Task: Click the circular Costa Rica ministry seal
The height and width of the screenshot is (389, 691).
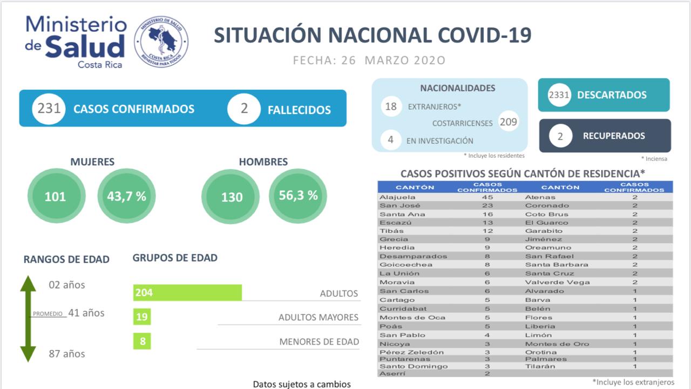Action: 161,42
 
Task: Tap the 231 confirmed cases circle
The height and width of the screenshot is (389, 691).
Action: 49,109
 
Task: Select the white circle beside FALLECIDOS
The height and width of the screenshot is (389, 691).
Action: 244,109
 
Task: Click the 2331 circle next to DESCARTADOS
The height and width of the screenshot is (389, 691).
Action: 559,95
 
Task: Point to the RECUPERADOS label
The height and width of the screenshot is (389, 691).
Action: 614,136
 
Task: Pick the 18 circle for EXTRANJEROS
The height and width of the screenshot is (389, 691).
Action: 391,106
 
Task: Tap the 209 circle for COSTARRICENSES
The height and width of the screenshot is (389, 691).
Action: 508,122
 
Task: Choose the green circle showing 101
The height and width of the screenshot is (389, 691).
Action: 55,196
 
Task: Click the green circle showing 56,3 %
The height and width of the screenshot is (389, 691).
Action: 298,196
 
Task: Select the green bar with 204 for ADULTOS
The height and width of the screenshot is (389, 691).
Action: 187,293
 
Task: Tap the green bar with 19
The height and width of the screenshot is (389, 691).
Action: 142,317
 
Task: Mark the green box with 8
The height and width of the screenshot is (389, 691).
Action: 142,341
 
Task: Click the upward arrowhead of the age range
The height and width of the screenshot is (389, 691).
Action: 28,284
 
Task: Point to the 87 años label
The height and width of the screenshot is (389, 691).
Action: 66,354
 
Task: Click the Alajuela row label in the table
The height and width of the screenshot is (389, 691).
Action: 397,197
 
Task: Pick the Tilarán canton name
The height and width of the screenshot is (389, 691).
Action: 540,366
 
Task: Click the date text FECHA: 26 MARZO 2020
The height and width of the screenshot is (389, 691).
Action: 369,60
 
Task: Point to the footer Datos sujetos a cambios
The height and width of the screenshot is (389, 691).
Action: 302,384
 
